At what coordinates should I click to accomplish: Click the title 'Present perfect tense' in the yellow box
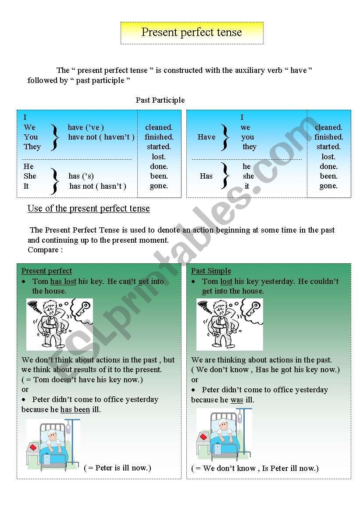coord(192,32)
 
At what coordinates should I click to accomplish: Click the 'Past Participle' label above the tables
coord(160,100)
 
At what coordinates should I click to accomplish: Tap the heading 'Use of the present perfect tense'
coord(89,208)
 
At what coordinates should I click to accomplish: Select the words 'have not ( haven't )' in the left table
coord(101,137)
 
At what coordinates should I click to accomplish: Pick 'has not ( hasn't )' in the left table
coord(97,186)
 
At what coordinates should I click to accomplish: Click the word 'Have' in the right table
coord(207,137)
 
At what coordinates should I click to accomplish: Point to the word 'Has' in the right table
coord(206,176)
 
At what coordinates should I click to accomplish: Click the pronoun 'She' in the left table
coord(30,176)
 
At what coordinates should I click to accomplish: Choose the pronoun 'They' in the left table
coord(32,147)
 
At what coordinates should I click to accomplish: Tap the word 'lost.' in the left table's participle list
coord(159,157)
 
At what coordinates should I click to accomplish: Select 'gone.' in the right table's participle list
coord(328,186)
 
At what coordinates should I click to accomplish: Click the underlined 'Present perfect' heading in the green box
coord(46,271)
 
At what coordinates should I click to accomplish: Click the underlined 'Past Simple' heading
coord(211,271)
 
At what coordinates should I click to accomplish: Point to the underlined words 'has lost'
coord(63,281)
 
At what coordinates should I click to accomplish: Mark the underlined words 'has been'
coord(75,409)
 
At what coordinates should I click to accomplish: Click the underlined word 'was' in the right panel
coord(237,400)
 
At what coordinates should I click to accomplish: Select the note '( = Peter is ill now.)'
coord(118,468)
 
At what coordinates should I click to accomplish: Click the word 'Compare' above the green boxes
coord(43,250)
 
